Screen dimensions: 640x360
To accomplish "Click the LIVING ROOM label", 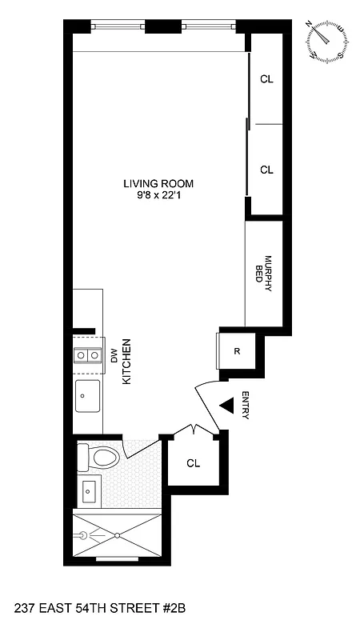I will tap(158, 183).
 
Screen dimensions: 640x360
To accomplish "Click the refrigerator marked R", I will tap(237, 350).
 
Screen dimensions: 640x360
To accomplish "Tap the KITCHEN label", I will tap(126, 364).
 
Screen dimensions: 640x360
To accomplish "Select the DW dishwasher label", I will tap(114, 357).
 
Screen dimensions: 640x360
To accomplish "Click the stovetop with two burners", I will tap(86, 355).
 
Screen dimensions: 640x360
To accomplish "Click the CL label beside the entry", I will tap(193, 463).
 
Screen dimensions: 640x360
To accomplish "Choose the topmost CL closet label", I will tap(266, 79).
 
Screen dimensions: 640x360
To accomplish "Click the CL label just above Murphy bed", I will tap(266, 170).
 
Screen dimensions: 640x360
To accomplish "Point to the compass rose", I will tap(327, 42).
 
